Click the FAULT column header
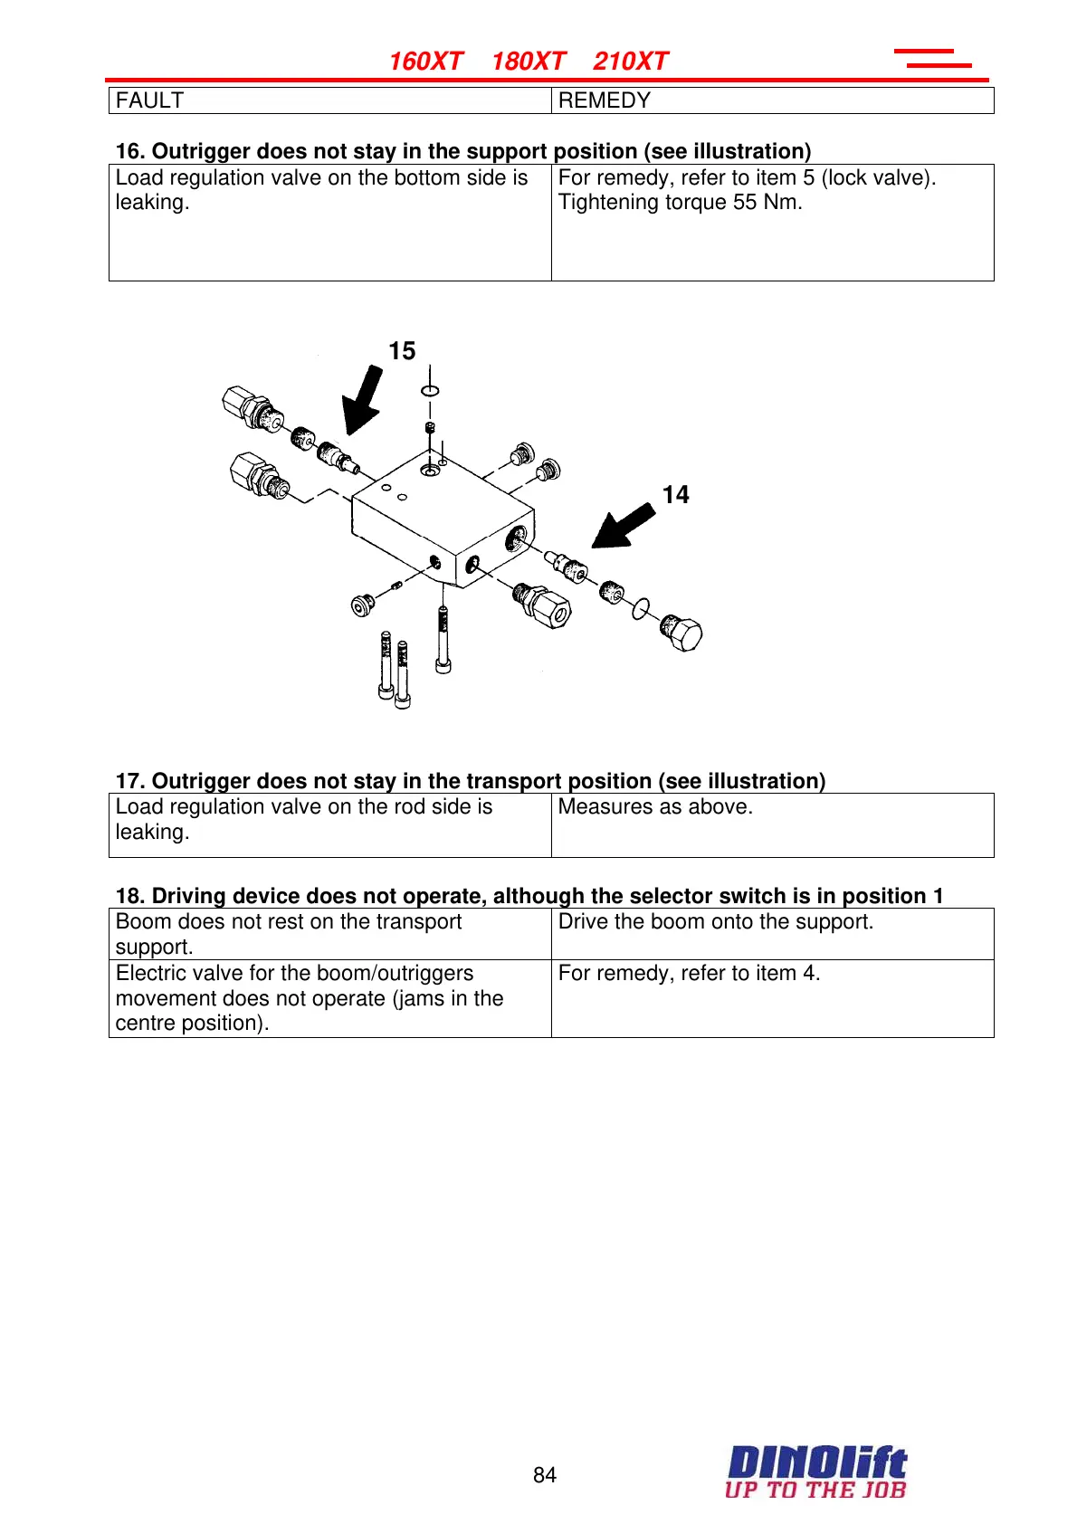[x=149, y=100]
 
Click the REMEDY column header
[x=604, y=100]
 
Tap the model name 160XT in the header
[x=425, y=62]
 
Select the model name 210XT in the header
[x=630, y=62]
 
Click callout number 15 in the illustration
[x=402, y=351]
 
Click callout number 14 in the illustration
[x=675, y=495]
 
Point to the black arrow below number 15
[x=363, y=400]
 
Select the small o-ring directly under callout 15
[x=430, y=390]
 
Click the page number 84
[x=545, y=1475]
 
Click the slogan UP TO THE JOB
[x=815, y=1490]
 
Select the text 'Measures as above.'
[x=655, y=807]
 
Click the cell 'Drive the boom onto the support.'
[x=715, y=922]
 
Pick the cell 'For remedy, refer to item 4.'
[x=689, y=974]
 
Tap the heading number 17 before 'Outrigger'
[x=129, y=781]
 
